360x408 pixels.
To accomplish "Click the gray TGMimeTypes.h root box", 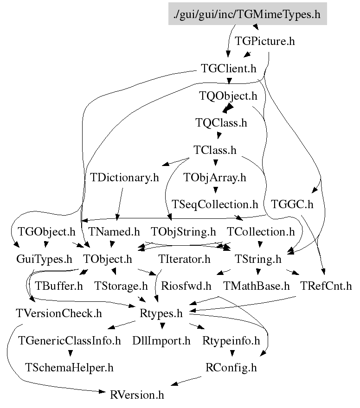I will click(247, 14).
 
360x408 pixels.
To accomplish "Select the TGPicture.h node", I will click(265, 41).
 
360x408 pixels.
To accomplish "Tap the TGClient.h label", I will click(229, 69).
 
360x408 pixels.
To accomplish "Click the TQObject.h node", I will click(228, 96).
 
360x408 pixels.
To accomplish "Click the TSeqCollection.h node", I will click(214, 204).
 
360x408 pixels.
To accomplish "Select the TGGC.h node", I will click(292, 204).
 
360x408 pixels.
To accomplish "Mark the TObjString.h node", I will click(184, 231).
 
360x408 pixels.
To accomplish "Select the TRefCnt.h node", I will click(326, 286).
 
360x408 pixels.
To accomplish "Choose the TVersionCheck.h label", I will click(58, 313).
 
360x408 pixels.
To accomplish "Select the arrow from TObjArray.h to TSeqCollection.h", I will click(214, 190).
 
